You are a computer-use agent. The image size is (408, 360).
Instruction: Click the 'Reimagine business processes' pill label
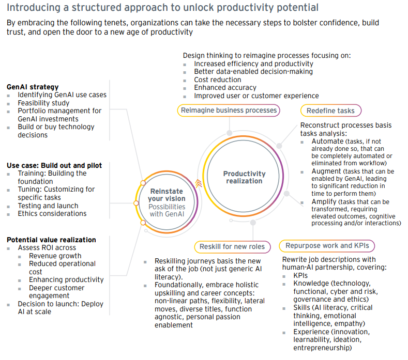click(229, 111)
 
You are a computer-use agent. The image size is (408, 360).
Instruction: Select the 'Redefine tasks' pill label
click(331, 111)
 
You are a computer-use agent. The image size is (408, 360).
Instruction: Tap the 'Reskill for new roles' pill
click(232, 247)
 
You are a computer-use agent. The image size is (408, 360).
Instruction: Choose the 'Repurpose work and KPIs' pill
click(327, 246)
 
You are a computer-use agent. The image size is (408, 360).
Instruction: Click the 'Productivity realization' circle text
click(244, 177)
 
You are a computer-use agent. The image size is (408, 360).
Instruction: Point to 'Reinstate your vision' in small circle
click(167, 195)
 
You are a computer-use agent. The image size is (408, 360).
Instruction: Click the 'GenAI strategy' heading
click(33, 87)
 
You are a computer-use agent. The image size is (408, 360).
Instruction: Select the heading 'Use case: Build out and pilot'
click(54, 166)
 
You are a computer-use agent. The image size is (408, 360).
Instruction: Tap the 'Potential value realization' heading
click(51, 240)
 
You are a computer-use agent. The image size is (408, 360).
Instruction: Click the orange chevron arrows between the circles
click(199, 183)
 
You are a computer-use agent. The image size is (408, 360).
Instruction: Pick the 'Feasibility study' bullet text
click(43, 103)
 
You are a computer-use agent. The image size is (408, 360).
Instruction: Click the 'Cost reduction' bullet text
click(218, 80)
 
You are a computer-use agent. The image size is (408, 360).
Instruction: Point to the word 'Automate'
click(327, 141)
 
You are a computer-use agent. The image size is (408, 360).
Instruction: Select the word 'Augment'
click(326, 171)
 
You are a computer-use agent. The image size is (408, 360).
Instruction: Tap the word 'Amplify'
click(324, 202)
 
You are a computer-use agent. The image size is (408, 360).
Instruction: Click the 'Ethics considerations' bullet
click(52, 213)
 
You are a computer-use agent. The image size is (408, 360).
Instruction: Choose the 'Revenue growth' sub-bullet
click(55, 256)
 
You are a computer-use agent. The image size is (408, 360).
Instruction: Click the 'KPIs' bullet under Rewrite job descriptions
click(300, 275)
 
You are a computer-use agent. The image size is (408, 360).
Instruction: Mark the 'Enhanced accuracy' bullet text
click(225, 88)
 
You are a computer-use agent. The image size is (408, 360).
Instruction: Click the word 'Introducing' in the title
click(34, 8)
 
